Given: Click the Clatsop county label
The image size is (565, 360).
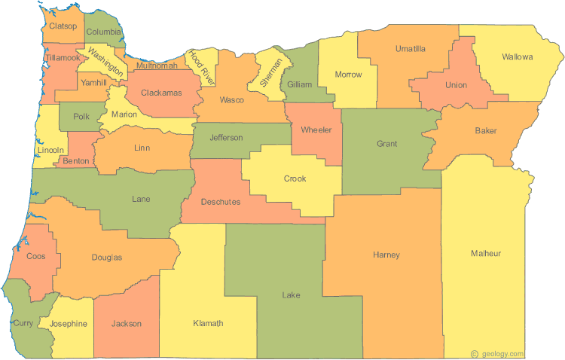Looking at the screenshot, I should (x=63, y=26).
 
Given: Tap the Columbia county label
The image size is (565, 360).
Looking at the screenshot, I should (x=103, y=32).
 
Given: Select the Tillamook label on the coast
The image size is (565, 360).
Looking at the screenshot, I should (x=62, y=57).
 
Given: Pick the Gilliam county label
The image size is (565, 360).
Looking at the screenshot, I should (x=299, y=85).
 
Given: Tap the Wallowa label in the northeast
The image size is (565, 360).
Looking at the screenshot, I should (x=518, y=57).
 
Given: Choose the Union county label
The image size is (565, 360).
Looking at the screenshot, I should (x=456, y=85).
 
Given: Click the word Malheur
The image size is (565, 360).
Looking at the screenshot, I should (x=485, y=253).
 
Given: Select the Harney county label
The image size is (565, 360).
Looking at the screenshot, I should (x=386, y=255).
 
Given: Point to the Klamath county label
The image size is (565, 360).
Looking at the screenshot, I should (x=208, y=324).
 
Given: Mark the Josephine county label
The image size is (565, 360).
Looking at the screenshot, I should (x=69, y=324).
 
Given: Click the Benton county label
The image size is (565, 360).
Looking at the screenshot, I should (x=76, y=161).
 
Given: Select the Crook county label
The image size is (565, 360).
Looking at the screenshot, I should (x=295, y=178).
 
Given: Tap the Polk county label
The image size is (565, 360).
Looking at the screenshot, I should (x=81, y=117).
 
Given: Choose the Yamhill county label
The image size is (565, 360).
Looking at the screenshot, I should (x=93, y=83).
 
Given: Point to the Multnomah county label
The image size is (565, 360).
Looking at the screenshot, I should (x=157, y=66).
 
